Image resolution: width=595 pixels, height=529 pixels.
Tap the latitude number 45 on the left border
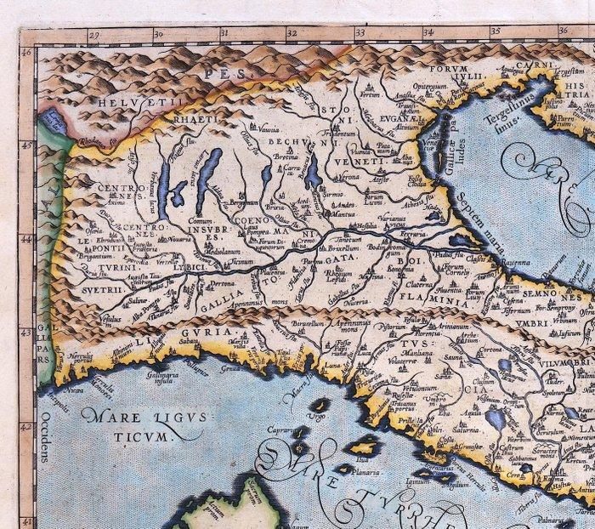[26, 145]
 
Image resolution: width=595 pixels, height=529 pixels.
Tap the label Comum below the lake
[200, 220]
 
